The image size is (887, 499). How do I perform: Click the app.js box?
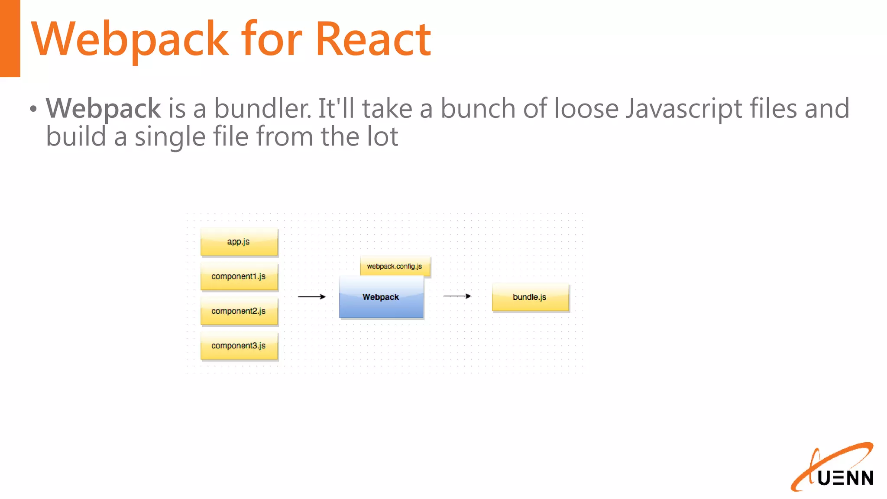239,242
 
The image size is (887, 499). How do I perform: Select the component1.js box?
239,276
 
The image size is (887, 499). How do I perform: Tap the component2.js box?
239,311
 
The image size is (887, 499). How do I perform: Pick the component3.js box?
239,346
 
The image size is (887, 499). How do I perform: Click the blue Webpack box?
381,298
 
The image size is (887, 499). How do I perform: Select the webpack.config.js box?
395,266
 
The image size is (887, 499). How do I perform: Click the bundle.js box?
530,297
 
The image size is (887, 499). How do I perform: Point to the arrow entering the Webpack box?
312,297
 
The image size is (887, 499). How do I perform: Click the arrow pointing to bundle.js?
457,296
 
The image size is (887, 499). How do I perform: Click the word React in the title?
373,39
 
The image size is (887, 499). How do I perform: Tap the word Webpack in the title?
130,39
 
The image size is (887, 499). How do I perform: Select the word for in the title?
271,39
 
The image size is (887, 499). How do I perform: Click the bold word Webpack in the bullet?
104,108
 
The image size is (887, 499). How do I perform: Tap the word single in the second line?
169,137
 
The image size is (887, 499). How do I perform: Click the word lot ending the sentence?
382,137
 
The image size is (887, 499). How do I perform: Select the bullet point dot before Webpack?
33,109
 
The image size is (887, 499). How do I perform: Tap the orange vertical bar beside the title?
10,38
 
